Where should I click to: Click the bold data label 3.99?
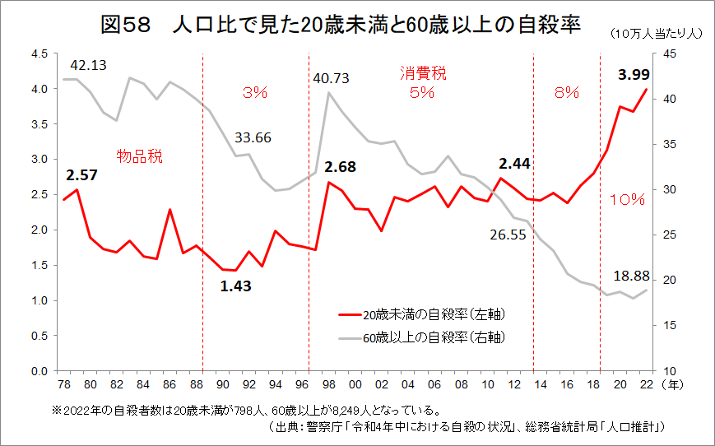(x=634, y=75)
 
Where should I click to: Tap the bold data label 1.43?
(x=235, y=286)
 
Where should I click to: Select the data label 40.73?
(x=331, y=78)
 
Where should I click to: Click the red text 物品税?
(x=139, y=156)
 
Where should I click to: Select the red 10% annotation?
(x=632, y=200)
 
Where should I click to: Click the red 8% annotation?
(x=567, y=93)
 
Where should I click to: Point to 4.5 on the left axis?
(x=39, y=54)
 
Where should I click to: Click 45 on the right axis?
(x=669, y=54)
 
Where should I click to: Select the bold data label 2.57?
(x=82, y=175)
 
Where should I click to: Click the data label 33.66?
(x=253, y=137)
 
